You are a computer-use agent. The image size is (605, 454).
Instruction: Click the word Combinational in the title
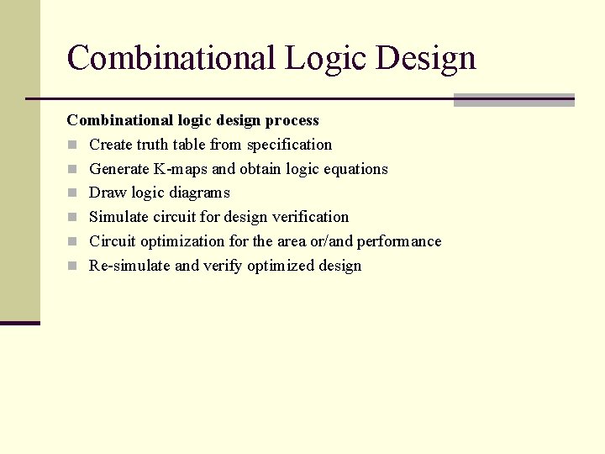[x=171, y=58]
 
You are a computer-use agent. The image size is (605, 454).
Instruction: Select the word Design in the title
[x=426, y=58]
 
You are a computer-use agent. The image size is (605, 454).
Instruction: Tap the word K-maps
[x=181, y=169]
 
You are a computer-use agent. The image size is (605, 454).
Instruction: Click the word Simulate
[x=118, y=217]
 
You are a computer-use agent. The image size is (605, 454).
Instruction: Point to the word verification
[x=308, y=217]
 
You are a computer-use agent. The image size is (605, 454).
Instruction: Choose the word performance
[x=399, y=241]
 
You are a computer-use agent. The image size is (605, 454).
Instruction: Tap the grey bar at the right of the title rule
[x=513, y=100]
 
